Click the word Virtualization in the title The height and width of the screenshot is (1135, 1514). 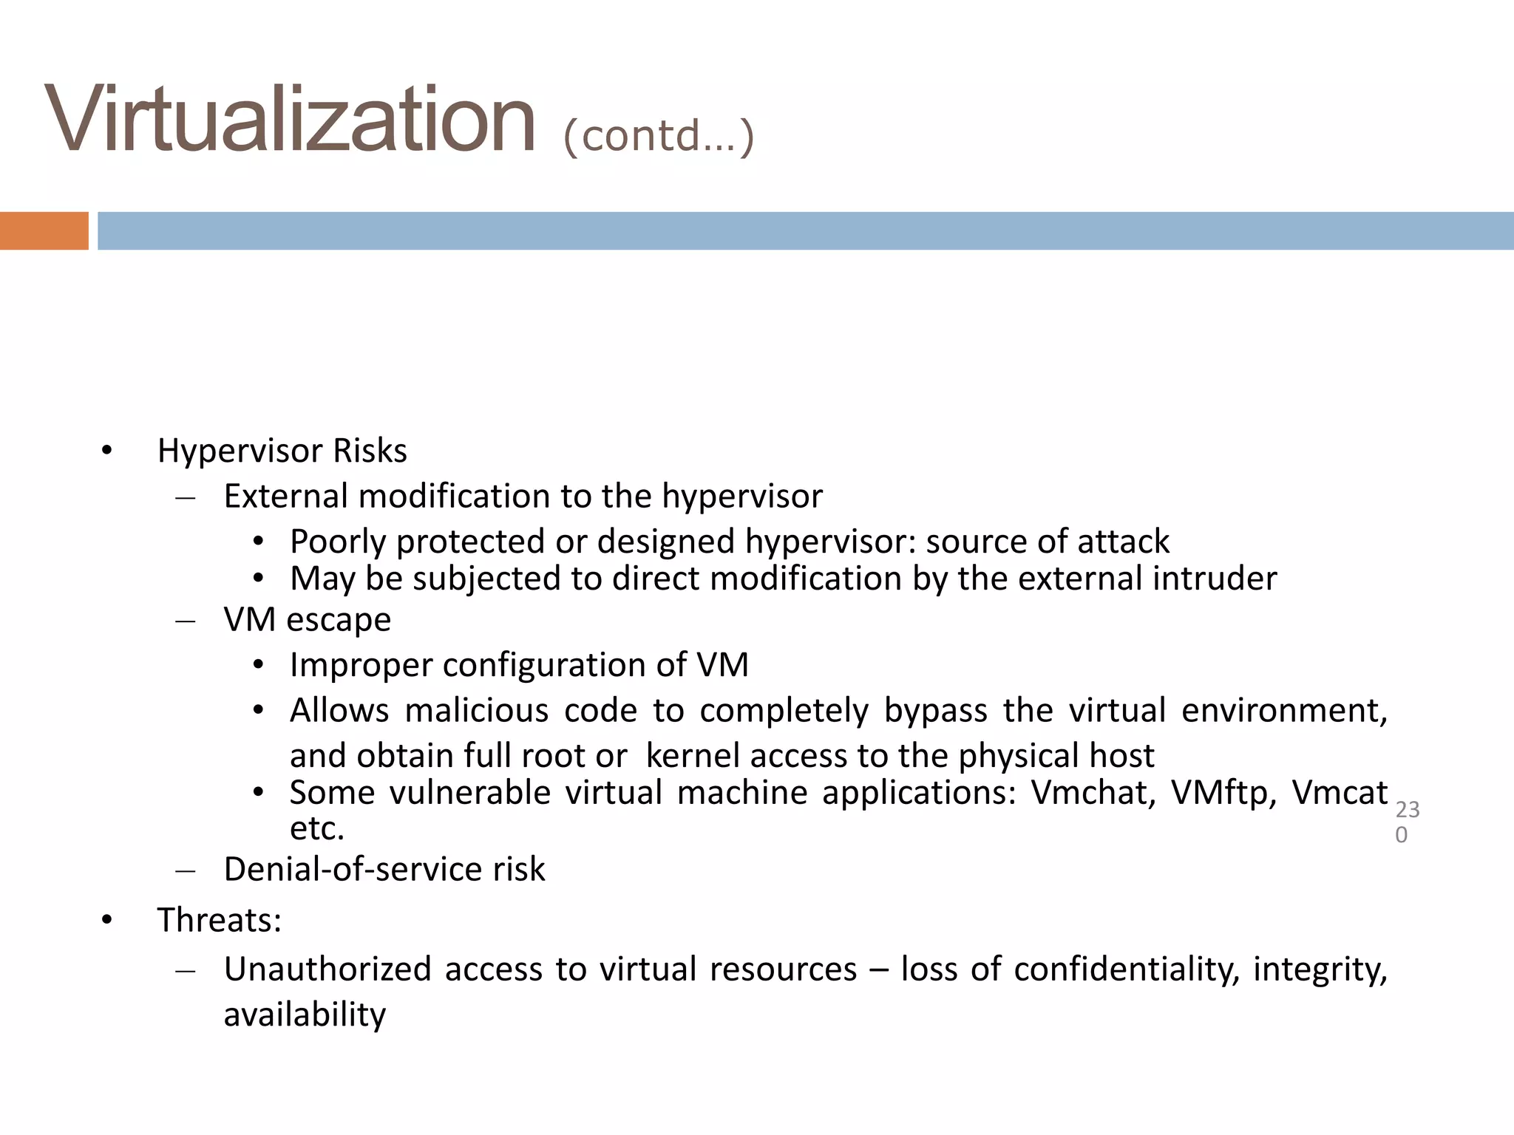coord(290,120)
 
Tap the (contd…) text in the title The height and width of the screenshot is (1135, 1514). coord(658,136)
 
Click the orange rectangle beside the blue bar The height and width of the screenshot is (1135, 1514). coord(44,231)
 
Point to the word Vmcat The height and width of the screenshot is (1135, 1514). coord(1340,794)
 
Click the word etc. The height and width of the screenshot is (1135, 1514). coord(317,829)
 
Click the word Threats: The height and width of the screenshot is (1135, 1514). coord(220,921)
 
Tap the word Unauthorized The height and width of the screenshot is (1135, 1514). coord(327,969)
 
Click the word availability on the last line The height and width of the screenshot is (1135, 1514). coord(305,1015)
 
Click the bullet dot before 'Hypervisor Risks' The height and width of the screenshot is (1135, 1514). coord(107,451)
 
